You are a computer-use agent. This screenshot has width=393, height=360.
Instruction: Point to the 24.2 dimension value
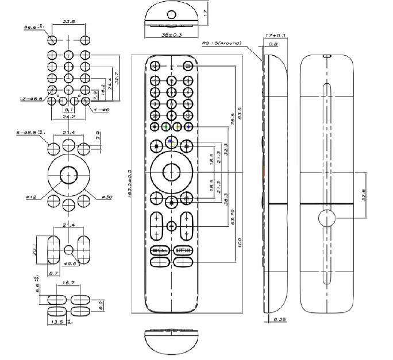(68, 116)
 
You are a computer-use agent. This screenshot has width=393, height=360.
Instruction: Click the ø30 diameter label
(107, 197)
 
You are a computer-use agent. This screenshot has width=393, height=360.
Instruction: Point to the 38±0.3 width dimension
(171, 34)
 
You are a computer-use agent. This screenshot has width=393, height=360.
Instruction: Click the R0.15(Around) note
(221, 42)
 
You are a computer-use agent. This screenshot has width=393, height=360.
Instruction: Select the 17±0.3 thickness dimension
(277, 36)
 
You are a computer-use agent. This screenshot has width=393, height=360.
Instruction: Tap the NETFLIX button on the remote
(183, 251)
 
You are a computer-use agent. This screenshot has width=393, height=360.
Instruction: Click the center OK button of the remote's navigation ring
(171, 171)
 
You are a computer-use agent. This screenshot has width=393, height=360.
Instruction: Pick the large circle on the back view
(325, 219)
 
